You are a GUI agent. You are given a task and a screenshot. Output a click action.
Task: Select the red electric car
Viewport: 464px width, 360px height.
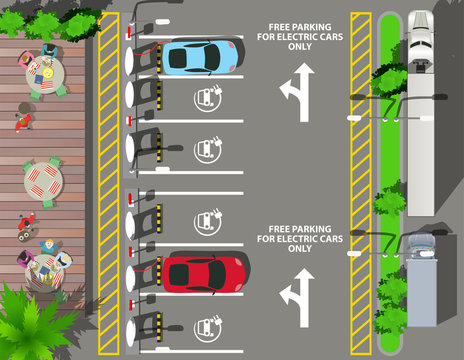tap(204, 271)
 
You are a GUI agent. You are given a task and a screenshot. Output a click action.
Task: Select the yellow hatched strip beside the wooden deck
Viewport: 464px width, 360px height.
tap(108, 180)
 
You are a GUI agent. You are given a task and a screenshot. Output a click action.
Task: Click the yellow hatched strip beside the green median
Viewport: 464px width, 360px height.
tap(360, 180)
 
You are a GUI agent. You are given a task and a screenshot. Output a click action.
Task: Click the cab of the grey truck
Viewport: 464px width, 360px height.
tap(420, 245)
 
